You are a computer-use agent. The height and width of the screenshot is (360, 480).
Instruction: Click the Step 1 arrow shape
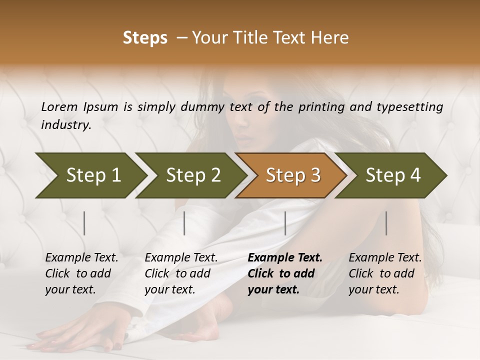(x=90, y=175)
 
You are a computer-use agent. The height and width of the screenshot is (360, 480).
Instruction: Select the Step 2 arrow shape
(x=192, y=175)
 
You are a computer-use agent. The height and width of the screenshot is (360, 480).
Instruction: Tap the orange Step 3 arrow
(x=292, y=175)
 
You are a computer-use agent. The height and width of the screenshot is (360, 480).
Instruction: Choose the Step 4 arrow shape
(x=392, y=175)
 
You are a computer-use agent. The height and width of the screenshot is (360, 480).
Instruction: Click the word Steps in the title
(x=145, y=38)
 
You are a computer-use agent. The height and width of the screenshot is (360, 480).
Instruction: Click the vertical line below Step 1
(x=84, y=223)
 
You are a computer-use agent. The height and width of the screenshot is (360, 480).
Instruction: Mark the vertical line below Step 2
(x=184, y=223)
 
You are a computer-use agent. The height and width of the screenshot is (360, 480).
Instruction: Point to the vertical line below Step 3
(x=285, y=223)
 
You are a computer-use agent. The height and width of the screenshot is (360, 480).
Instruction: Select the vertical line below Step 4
(x=386, y=223)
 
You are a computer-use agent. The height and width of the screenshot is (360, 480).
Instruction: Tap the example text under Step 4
(x=385, y=273)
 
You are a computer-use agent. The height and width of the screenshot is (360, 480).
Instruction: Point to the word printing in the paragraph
(x=318, y=106)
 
